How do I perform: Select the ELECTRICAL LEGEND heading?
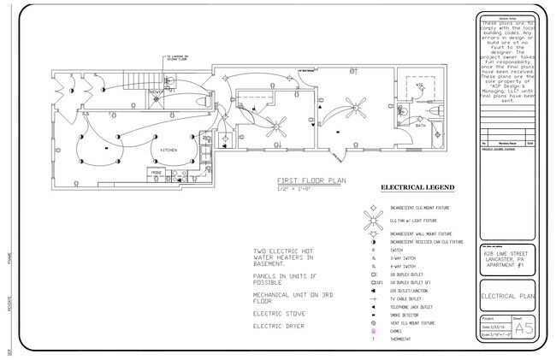tap(417, 187)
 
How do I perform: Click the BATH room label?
tap(421, 125)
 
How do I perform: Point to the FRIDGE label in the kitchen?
tap(157, 173)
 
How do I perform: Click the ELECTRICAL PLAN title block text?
tap(509, 296)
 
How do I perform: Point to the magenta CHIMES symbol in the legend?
tap(373, 331)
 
